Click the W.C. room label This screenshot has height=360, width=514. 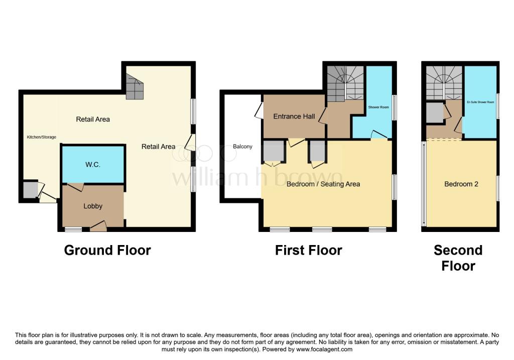tap(93, 164)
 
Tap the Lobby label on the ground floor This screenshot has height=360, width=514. tap(93, 206)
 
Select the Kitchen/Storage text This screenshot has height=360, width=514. tap(41, 137)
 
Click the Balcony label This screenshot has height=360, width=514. tap(243, 147)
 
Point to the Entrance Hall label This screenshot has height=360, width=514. tap(294, 116)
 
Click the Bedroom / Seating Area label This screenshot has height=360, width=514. tap(323, 184)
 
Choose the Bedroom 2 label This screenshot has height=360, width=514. tap(461, 184)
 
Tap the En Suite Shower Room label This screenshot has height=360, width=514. tap(480, 102)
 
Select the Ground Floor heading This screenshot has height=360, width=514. tap(107, 250)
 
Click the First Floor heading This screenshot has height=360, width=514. tap(308, 250)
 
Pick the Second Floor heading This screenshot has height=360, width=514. tap(458, 258)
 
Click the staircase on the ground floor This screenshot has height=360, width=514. tap(134, 86)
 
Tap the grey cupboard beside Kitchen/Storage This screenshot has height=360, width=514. tap(30, 190)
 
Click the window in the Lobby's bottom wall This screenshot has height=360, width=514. tap(73, 229)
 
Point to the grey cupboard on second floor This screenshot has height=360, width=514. tap(435, 112)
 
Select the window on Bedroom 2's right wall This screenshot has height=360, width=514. tap(498, 189)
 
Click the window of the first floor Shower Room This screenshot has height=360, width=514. tap(394, 107)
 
